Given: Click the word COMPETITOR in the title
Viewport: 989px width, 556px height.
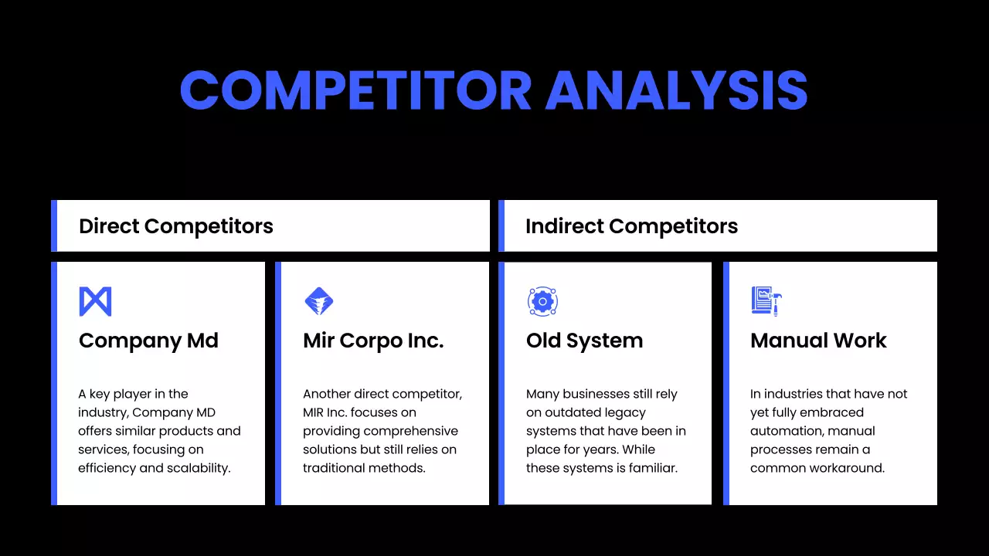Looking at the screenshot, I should (x=355, y=91).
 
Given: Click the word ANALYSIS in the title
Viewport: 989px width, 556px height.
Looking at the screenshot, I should (x=676, y=91).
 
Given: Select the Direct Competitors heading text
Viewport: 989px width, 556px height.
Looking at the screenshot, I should (x=176, y=226).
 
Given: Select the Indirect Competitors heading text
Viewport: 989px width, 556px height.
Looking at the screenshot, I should (x=631, y=226).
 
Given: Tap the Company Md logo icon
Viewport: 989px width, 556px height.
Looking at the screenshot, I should (x=95, y=301).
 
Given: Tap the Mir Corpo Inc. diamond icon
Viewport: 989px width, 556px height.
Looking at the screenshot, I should (x=319, y=301).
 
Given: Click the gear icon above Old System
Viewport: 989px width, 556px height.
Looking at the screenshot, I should (x=542, y=301).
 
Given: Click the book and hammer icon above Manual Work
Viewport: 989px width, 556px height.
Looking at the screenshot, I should (x=766, y=301).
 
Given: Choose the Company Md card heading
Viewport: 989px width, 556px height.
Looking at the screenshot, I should (x=148, y=341).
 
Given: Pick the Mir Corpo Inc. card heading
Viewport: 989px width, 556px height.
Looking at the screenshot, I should (x=373, y=341).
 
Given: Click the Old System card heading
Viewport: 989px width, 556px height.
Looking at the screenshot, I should (x=584, y=341).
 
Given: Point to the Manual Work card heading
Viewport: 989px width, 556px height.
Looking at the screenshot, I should (x=818, y=341).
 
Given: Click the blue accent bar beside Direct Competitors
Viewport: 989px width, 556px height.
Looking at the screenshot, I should (x=54, y=226).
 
